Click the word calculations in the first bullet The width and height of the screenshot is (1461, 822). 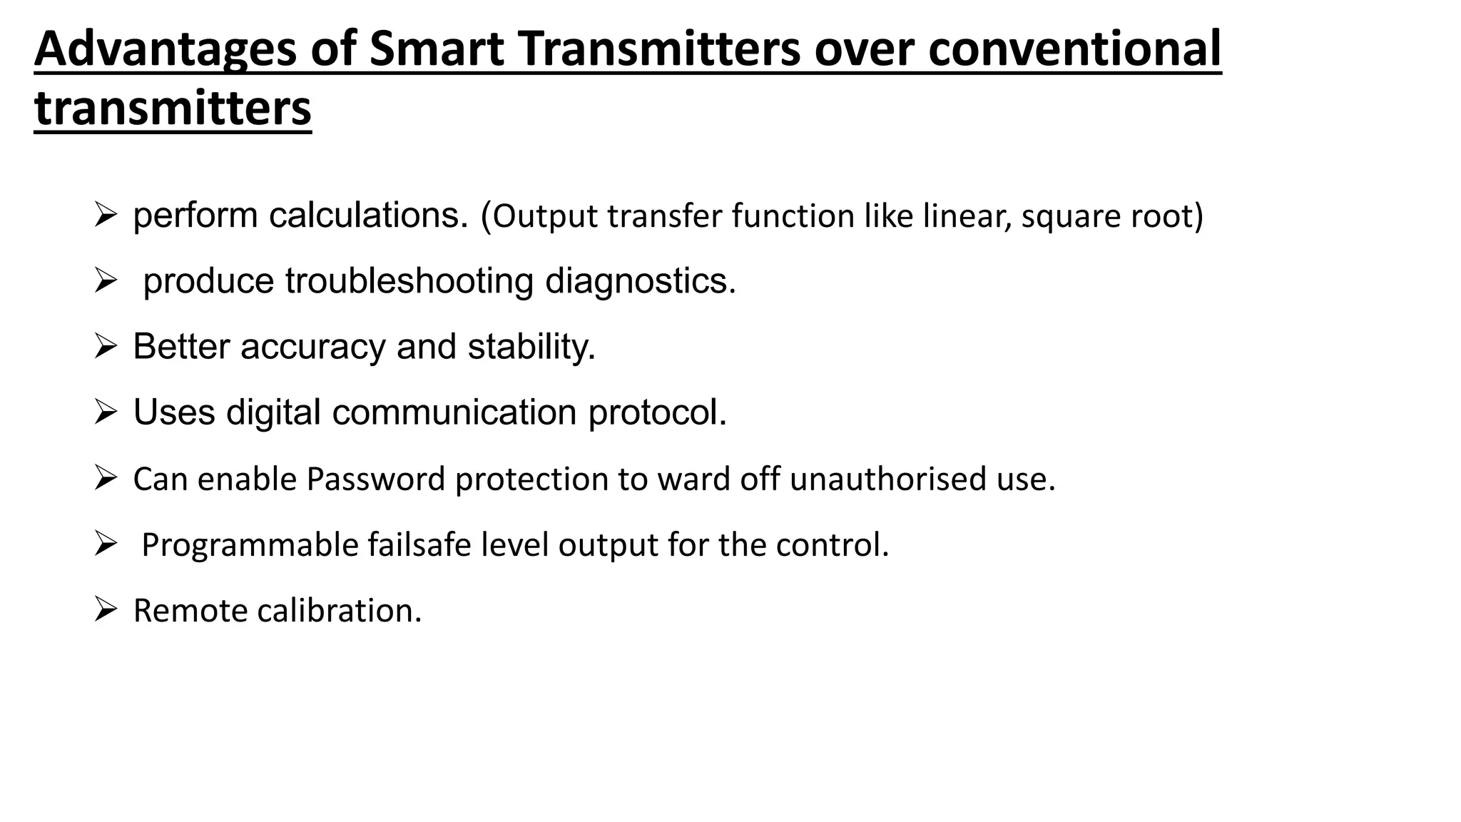(x=368, y=215)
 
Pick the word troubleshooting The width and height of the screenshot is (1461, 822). (x=409, y=281)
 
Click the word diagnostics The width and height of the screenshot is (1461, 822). (x=640, y=281)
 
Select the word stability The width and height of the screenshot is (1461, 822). (x=531, y=347)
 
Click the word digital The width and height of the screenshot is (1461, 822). (x=273, y=412)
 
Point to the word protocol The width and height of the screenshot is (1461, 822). (x=657, y=412)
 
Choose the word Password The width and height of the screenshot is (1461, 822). (x=376, y=479)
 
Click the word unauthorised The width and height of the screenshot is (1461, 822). (x=887, y=479)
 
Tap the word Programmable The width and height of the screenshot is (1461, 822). (x=250, y=545)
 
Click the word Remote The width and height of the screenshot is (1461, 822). (x=190, y=611)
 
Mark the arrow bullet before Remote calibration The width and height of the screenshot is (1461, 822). (x=105, y=610)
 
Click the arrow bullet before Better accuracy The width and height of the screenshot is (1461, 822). (x=105, y=347)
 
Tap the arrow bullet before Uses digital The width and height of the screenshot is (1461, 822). (x=105, y=412)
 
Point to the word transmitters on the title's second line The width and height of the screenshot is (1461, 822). (x=173, y=108)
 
